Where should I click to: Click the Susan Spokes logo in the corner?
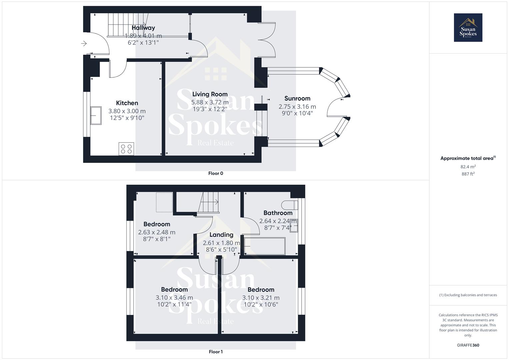pyautogui.click(x=468, y=27)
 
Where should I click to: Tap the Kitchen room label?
pyautogui.click(x=127, y=103)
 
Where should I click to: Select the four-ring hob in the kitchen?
pyautogui.click(x=126, y=149)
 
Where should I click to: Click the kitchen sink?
pyautogui.click(x=96, y=115)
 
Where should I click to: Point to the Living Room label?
pyautogui.click(x=210, y=94)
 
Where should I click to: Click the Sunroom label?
pyautogui.click(x=297, y=98)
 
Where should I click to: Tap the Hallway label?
pyautogui.click(x=143, y=28)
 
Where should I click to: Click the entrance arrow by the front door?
pyautogui.click(x=84, y=43)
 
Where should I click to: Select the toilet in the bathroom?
pyautogui.click(x=289, y=204)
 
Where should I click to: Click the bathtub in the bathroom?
pyautogui.click(x=265, y=246)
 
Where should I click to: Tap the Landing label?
pyautogui.click(x=221, y=235)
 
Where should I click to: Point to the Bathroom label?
pyautogui.click(x=278, y=213)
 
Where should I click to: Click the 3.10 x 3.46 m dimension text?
pyautogui.click(x=174, y=298)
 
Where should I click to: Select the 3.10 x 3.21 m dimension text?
pyautogui.click(x=261, y=298)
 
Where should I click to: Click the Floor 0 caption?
pyautogui.click(x=216, y=173)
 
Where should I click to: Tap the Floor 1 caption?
pyautogui.click(x=216, y=352)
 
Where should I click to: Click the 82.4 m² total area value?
pyautogui.click(x=468, y=167)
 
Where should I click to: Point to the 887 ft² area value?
pyautogui.click(x=468, y=174)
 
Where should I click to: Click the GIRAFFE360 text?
pyautogui.click(x=468, y=345)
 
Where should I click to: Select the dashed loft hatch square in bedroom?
pyautogui.click(x=164, y=202)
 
